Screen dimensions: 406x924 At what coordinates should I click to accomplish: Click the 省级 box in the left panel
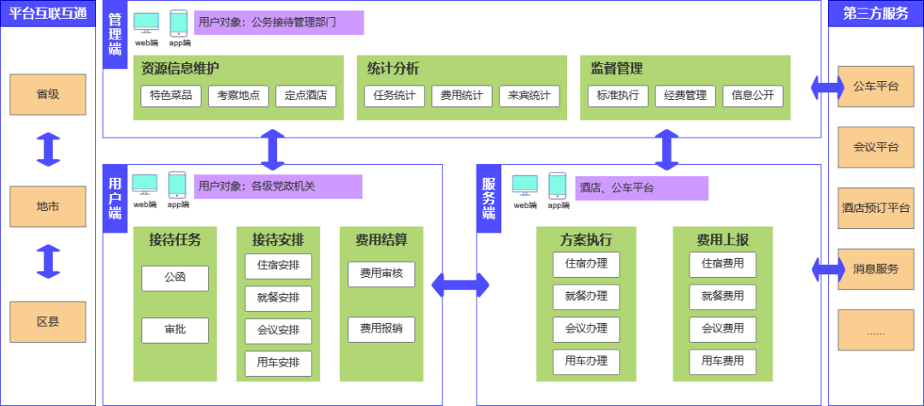tap(48, 94)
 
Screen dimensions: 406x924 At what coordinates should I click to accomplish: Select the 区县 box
tap(48, 322)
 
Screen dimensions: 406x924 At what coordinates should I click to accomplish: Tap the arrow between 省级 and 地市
tap(48, 149)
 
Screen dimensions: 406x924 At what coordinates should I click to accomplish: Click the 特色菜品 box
tap(171, 96)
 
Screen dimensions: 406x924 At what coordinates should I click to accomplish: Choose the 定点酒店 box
tap(305, 96)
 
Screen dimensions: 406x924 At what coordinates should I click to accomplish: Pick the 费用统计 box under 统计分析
tap(462, 96)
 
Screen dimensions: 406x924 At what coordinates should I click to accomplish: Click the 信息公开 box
tap(753, 96)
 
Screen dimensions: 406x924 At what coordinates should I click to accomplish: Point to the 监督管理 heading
tap(617, 68)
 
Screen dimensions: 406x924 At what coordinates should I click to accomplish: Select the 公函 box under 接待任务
tap(175, 278)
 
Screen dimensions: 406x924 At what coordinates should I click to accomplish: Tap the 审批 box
tap(175, 330)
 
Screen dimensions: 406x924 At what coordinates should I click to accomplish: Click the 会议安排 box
tap(278, 330)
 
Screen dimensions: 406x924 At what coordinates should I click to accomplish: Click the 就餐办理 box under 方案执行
tap(586, 297)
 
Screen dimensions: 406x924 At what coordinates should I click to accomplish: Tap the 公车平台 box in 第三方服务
tap(876, 86)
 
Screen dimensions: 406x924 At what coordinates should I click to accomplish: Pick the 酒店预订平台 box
tap(876, 208)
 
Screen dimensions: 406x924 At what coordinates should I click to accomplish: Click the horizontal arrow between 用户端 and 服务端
tap(459, 285)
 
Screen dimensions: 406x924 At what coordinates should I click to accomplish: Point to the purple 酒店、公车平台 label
tap(642, 188)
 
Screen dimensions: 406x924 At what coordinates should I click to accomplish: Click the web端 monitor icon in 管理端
tap(147, 23)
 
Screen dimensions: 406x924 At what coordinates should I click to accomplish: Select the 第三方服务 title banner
tap(876, 14)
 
